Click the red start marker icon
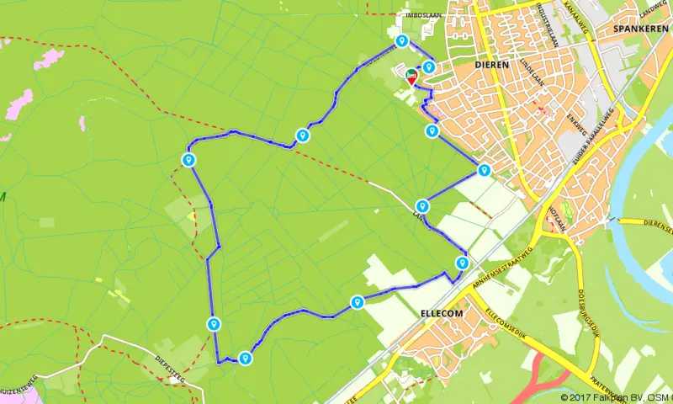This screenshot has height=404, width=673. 412,77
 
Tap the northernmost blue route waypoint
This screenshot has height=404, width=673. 402,40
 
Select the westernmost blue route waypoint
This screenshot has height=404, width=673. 189,159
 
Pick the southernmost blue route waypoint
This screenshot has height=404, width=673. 245,358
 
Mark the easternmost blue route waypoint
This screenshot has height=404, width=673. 484,169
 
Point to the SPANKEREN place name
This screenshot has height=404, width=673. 640,29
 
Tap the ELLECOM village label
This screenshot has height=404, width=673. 442,313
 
